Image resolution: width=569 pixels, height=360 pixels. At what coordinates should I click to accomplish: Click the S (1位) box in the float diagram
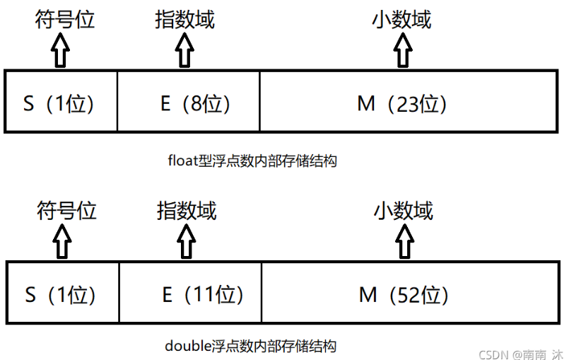pyautogui.click(x=61, y=101)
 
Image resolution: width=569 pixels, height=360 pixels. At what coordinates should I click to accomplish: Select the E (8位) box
pyautogui.click(x=189, y=101)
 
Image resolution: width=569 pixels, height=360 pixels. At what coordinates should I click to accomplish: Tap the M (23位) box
pyautogui.click(x=409, y=101)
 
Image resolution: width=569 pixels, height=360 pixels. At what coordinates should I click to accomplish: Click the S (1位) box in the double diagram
pyautogui.click(x=63, y=292)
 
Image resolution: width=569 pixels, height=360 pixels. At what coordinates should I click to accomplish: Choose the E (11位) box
pyautogui.click(x=190, y=292)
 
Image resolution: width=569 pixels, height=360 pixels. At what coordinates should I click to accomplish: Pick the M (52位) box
pyautogui.click(x=411, y=292)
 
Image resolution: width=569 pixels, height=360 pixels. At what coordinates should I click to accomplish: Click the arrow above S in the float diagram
pyautogui.click(x=60, y=50)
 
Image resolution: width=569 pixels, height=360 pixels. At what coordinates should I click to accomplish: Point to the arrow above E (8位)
pyautogui.click(x=184, y=50)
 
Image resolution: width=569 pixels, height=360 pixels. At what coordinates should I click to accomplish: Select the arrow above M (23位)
pyautogui.click(x=403, y=50)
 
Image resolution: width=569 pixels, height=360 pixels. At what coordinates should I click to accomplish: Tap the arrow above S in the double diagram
pyautogui.click(x=62, y=241)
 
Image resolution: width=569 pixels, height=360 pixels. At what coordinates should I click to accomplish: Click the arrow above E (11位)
pyautogui.click(x=186, y=241)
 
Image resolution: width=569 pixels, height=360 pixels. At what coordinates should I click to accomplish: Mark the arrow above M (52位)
pyautogui.click(x=404, y=241)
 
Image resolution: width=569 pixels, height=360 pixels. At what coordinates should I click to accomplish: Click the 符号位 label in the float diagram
pyautogui.click(x=64, y=19)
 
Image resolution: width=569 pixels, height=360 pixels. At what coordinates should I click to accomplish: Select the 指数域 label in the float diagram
pyautogui.click(x=184, y=19)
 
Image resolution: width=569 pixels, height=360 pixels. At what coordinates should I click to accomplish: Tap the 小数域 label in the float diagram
pyautogui.click(x=401, y=19)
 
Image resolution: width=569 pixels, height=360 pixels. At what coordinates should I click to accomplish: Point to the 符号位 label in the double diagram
pyautogui.click(x=66, y=210)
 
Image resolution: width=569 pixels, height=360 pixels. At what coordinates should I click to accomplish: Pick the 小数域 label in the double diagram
pyautogui.click(x=404, y=210)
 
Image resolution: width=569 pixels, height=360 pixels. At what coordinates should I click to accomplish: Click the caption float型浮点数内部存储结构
pyautogui.click(x=252, y=161)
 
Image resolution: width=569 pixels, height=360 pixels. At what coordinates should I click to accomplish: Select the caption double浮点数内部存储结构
pyautogui.click(x=251, y=345)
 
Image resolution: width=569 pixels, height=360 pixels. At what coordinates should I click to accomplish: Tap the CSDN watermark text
pyautogui.click(x=521, y=354)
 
